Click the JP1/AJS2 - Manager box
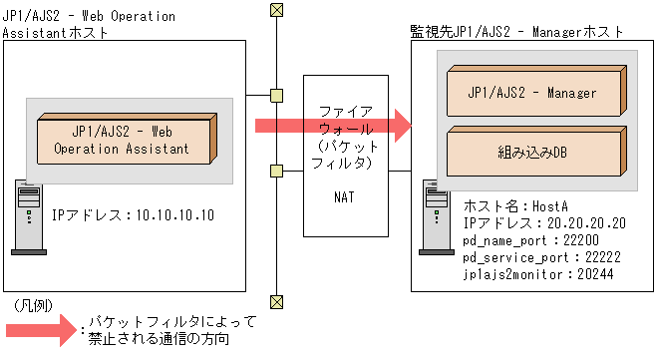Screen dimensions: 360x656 531,92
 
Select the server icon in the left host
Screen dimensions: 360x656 28,213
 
